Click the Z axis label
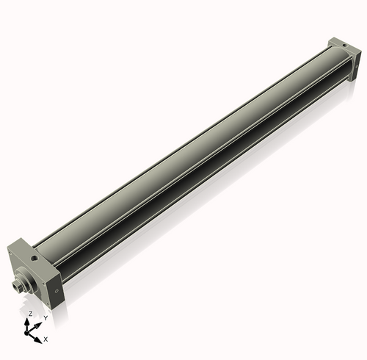29,314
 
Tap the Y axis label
45,318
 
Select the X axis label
46,339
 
